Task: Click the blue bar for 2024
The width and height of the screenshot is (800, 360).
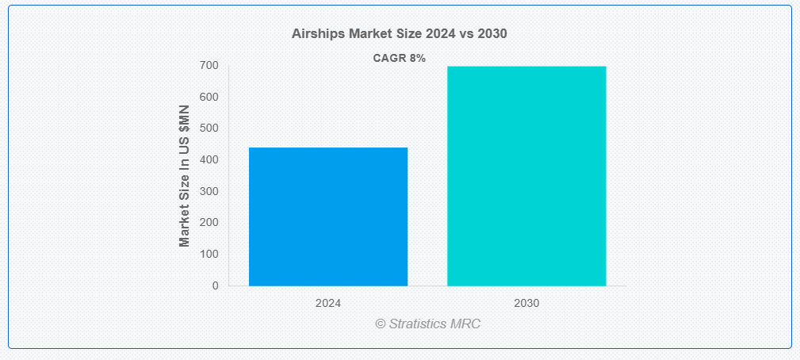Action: pyautogui.click(x=328, y=216)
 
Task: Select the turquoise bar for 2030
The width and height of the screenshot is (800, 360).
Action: pyautogui.click(x=526, y=176)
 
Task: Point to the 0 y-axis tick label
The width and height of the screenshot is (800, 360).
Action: pyautogui.click(x=216, y=285)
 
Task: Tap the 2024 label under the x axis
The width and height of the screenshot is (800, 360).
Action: pyautogui.click(x=328, y=304)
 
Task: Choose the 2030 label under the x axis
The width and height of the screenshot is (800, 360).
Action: pyautogui.click(x=526, y=304)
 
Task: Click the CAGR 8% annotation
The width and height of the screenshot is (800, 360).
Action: pyautogui.click(x=400, y=58)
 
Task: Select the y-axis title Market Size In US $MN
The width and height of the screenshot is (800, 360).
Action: pyautogui.click(x=185, y=176)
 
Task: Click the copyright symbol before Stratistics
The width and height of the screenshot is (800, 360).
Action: pyautogui.click(x=380, y=324)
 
